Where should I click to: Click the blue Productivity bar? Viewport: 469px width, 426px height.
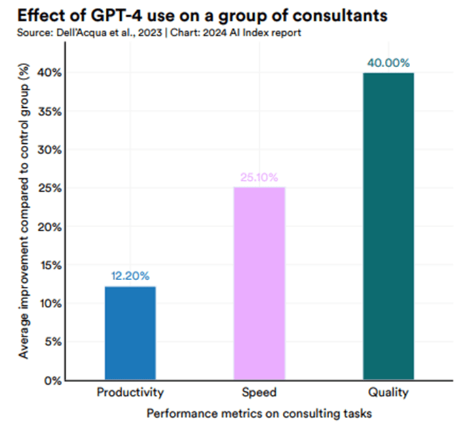130,333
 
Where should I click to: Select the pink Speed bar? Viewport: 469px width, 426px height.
259,284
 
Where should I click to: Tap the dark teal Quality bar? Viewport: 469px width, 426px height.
388,227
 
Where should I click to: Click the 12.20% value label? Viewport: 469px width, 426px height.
130,276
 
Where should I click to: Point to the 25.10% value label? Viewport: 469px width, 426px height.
259,178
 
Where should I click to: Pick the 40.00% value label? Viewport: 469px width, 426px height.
388,63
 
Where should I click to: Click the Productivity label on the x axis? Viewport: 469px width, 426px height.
130,391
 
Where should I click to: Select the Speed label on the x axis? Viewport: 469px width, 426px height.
259,391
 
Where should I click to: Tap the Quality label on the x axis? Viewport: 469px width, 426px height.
388,391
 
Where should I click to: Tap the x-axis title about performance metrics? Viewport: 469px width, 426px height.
259,411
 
